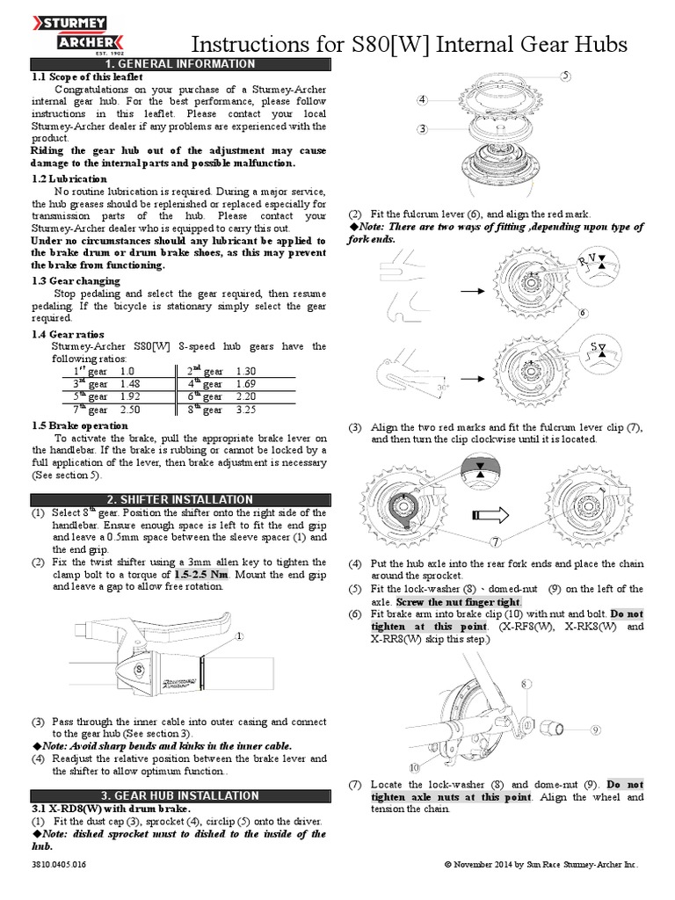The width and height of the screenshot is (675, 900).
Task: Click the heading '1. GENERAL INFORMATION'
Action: (x=180, y=64)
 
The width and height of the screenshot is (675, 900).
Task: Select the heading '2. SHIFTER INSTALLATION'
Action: (x=179, y=499)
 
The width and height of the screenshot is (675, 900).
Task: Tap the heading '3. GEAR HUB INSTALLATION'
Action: (x=179, y=795)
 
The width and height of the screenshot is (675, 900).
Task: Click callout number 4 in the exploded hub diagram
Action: (x=423, y=100)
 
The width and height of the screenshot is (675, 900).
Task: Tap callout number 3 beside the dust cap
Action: (x=422, y=129)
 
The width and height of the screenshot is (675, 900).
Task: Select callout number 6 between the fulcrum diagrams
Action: (x=582, y=312)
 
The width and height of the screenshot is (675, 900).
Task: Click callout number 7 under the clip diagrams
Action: (x=497, y=541)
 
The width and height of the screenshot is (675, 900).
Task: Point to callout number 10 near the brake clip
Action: (x=414, y=767)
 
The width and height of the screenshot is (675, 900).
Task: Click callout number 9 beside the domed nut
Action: (x=595, y=729)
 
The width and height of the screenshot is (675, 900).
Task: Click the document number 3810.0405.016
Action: (x=59, y=865)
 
